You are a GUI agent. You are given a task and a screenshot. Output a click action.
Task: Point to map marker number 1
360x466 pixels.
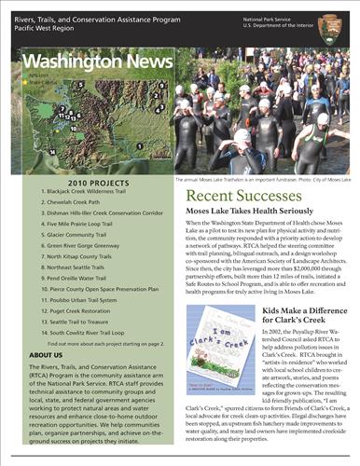[138, 145]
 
